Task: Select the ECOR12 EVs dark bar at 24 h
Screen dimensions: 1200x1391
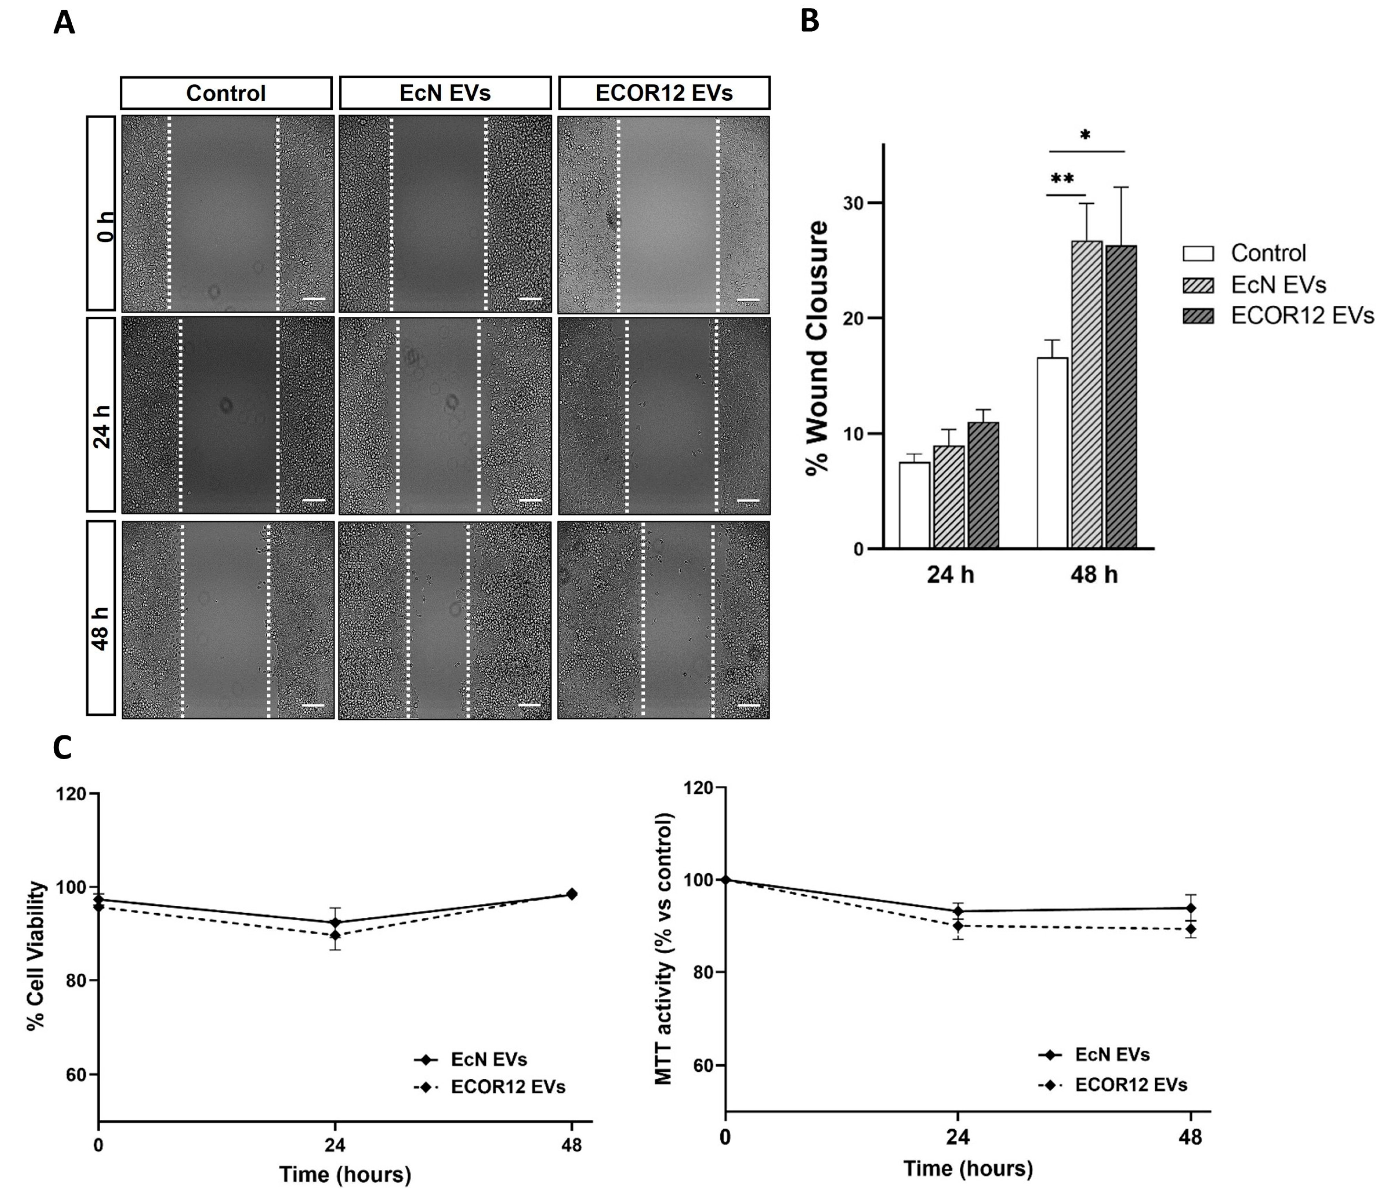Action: click(983, 485)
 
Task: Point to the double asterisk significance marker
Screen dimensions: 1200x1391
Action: click(1062, 179)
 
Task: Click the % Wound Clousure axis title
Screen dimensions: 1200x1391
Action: click(817, 347)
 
